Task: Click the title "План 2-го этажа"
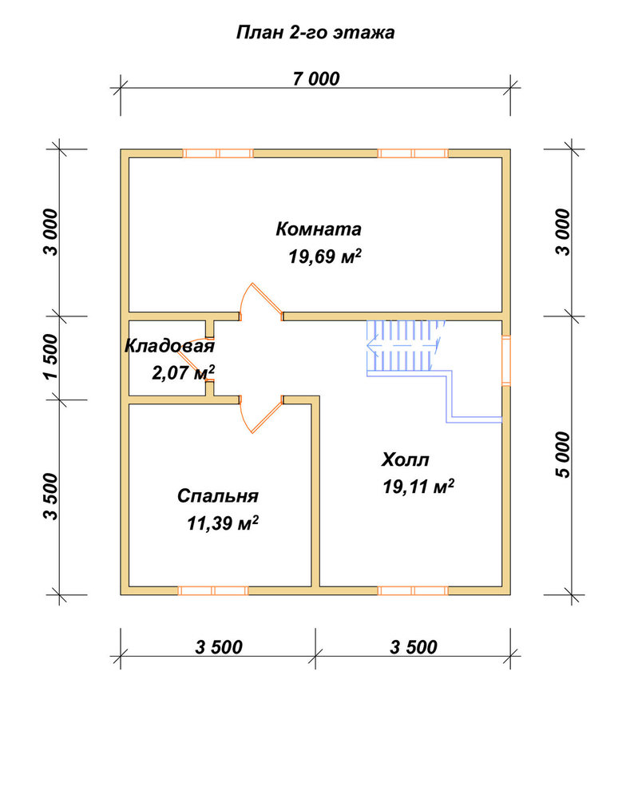[x=315, y=33]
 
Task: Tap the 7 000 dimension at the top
[x=315, y=79]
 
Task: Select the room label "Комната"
[x=319, y=229]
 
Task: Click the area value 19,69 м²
[x=325, y=256]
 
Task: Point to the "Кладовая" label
[x=169, y=346]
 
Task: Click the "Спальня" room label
[x=217, y=496]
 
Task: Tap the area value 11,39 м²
[x=223, y=523]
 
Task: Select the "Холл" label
[x=406, y=459]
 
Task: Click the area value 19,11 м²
[x=418, y=487]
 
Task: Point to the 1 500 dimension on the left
[x=51, y=356]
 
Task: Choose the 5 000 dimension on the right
[x=564, y=455]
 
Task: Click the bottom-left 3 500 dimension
[x=219, y=647]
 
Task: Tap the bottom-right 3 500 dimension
[x=414, y=647]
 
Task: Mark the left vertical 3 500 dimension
[x=51, y=497]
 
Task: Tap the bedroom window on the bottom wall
[x=213, y=590]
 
